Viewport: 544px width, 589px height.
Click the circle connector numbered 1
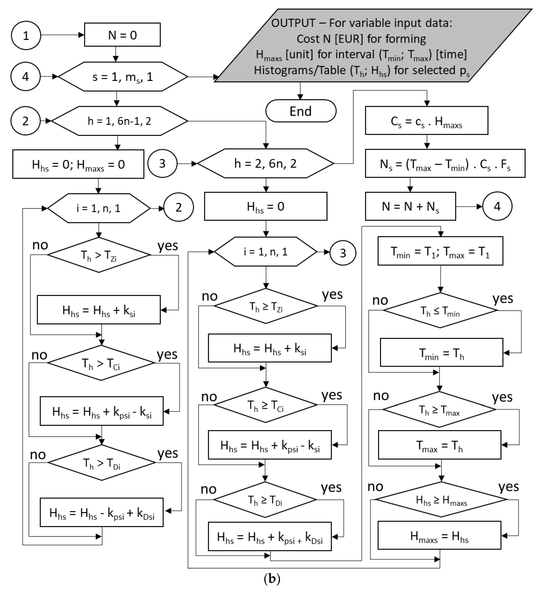click(x=26, y=35)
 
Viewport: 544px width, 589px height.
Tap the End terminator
click(x=301, y=111)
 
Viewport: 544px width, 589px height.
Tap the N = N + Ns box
click(x=410, y=206)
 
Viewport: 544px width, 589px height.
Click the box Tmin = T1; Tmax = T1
click(x=440, y=251)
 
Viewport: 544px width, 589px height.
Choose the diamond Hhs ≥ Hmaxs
click(x=441, y=500)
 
